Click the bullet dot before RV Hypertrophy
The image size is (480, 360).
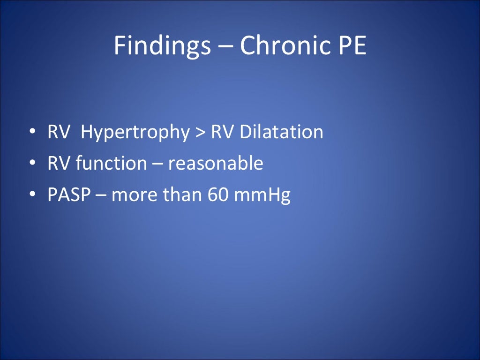[x=32, y=133]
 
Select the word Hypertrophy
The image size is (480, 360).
[x=135, y=133]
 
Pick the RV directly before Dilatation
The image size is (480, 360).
[x=222, y=132]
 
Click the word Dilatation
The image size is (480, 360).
[x=281, y=132]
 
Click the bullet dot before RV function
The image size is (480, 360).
[x=32, y=164]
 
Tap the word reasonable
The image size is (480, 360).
[x=216, y=164]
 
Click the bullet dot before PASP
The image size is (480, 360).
[x=32, y=195]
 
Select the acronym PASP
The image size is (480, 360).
[x=69, y=195]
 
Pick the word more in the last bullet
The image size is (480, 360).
[x=135, y=195]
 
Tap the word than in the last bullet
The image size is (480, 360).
[x=182, y=195]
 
